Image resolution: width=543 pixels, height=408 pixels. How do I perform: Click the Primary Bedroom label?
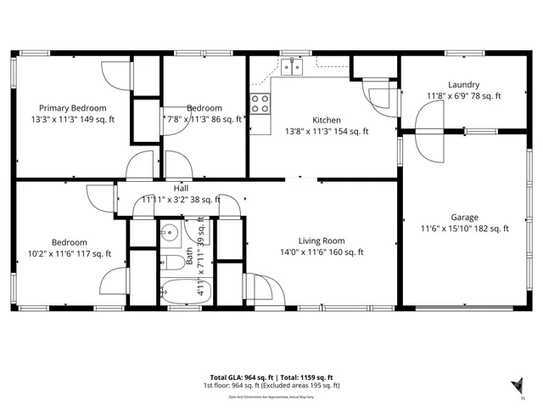pos(72,108)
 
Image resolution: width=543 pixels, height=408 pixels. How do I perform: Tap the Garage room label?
pos(464,217)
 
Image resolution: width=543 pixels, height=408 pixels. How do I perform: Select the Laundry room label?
pos(464,84)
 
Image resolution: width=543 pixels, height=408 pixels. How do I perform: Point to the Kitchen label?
pos(327,120)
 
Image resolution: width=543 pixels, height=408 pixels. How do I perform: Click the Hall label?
pos(181,189)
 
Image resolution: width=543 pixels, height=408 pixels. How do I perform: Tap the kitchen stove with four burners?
pos(260,104)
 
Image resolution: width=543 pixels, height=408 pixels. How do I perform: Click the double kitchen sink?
pos(293,66)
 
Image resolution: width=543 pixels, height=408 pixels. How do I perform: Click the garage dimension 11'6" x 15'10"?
pos(465,229)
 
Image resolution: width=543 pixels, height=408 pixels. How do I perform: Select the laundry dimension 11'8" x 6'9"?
pos(464,96)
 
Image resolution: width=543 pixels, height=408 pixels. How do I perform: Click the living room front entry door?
pos(258,288)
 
